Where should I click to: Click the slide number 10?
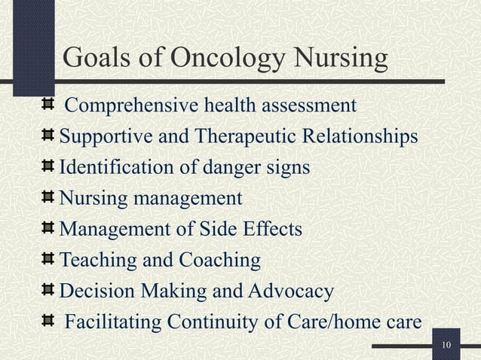[x=446, y=345]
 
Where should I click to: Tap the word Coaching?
[x=220, y=261]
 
